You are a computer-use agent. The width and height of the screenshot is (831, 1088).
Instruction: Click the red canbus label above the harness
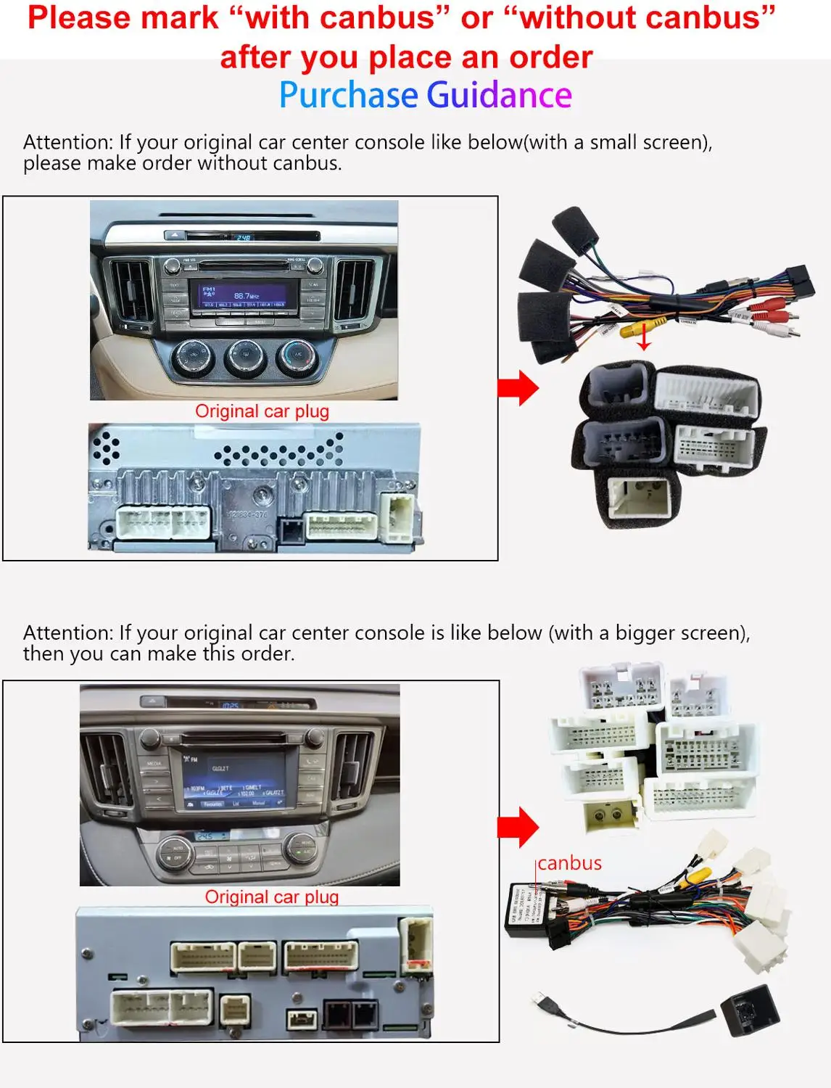(569, 863)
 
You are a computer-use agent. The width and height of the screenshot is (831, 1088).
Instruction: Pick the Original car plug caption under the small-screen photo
(262, 411)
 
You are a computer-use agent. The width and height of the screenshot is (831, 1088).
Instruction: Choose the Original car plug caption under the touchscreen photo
(271, 897)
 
